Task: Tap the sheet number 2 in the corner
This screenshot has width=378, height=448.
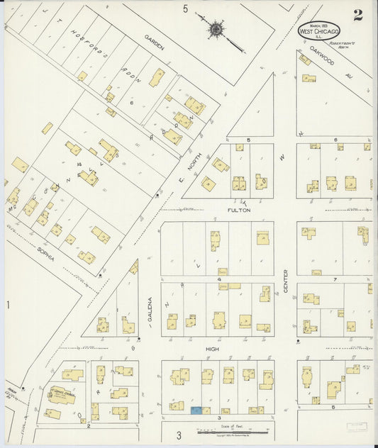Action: pyautogui.click(x=358, y=16)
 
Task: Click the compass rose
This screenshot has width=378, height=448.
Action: pyautogui.click(x=215, y=30)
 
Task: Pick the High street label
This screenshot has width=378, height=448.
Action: pyautogui.click(x=212, y=349)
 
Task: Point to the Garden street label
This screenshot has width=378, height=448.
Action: pyautogui.click(x=154, y=43)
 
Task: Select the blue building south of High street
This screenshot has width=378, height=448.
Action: pyautogui.click(x=196, y=410)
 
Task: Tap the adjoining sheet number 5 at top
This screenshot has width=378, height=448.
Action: pyautogui.click(x=185, y=9)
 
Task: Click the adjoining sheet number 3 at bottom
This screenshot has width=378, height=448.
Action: pyautogui.click(x=179, y=434)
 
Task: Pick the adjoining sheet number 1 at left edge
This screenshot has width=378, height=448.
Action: pyautogui.click(x=9, y=305)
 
